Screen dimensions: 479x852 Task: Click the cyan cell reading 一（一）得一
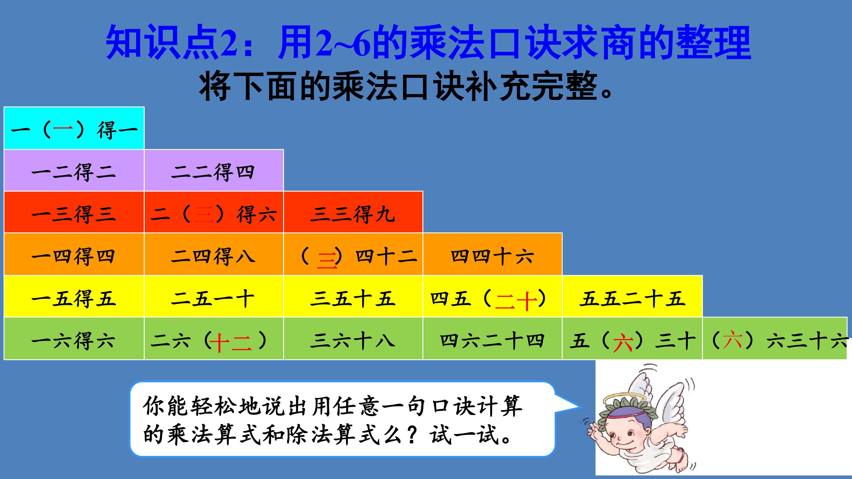click(x=74, y=128)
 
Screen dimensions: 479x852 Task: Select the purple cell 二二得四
click(x=214, y=171)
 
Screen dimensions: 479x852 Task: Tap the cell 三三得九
click(x=353, y=213)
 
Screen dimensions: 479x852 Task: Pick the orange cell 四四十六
click(x=493, y=255)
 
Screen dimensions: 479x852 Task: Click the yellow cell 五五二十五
click(x=632, y=297)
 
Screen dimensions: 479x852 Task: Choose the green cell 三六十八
click(x=353, y=339)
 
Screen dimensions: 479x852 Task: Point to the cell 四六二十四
click(x=493, y=339)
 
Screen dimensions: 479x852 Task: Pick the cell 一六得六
click(x=74, y=339)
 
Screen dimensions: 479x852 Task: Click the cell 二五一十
click(x=214, y=297)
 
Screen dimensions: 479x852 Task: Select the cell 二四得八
click(x=214, y=255)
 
